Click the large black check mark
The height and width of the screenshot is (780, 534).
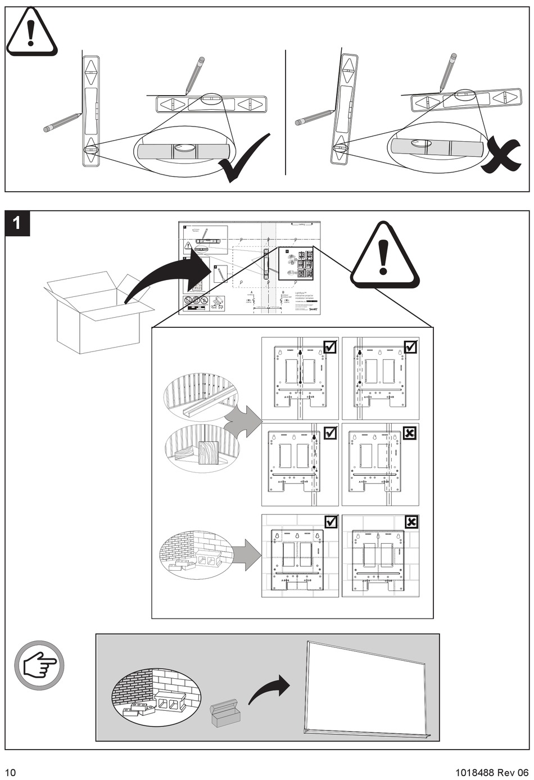243,160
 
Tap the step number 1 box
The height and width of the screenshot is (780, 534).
17,223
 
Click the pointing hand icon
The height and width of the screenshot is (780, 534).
39,665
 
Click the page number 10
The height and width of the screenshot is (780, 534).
11,771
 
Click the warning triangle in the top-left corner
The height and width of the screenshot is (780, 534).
31,33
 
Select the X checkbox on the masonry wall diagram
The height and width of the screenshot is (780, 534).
411,522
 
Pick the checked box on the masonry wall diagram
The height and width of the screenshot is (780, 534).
331,522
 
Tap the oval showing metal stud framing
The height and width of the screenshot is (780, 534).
201,397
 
